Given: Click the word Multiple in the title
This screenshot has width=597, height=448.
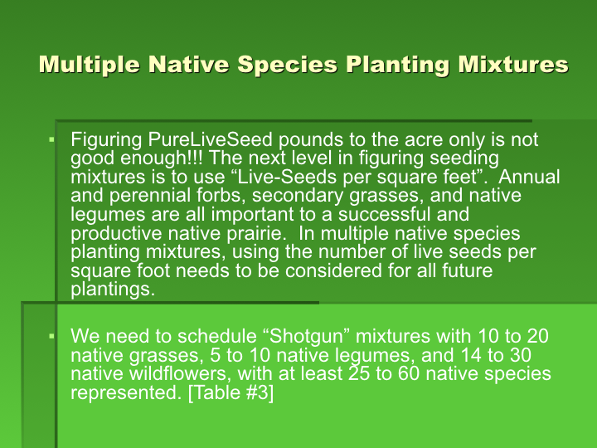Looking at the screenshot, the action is (90, 64).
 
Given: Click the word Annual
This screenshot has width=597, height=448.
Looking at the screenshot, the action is (529, 177).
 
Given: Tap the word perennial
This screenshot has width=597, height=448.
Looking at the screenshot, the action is (149, 196).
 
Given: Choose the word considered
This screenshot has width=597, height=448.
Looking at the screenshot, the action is (333, 270).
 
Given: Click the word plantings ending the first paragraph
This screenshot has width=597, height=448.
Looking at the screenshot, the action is (113, 290).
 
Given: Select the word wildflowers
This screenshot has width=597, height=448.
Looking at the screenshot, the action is (180, 373).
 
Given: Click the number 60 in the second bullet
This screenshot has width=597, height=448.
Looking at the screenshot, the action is (409, 373).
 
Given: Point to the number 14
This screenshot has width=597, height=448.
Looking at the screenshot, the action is (471, 355).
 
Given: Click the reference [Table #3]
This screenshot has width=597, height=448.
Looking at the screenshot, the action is (231, 392).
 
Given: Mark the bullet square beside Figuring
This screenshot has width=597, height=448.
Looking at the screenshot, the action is (51, 140).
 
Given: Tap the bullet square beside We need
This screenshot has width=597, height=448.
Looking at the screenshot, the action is (51, 336).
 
